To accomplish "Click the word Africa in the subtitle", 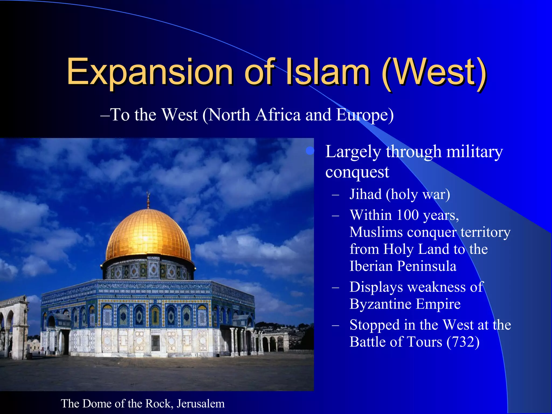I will (x=278, y=115).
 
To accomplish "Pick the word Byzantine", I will (x=380, y=304).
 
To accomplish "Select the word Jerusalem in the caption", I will (x=201, y=404).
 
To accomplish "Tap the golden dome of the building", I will (x=148, y=234).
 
